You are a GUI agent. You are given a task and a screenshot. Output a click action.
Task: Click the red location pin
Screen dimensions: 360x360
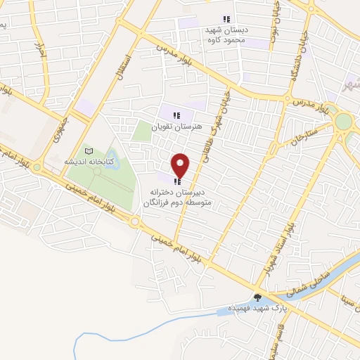click(181, 165)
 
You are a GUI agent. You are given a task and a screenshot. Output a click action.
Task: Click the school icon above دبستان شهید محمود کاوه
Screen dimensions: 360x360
click(226, 19)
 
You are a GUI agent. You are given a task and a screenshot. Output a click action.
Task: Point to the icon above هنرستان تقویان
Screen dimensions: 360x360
click(177, 115)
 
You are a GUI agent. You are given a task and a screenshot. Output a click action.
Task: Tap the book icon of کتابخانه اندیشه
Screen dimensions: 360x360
click(88, 151)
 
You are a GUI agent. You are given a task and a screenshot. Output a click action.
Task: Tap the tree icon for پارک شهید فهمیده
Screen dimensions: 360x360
click(257, 297)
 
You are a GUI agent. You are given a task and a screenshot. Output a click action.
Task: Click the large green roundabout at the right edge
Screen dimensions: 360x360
click(343, 122)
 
